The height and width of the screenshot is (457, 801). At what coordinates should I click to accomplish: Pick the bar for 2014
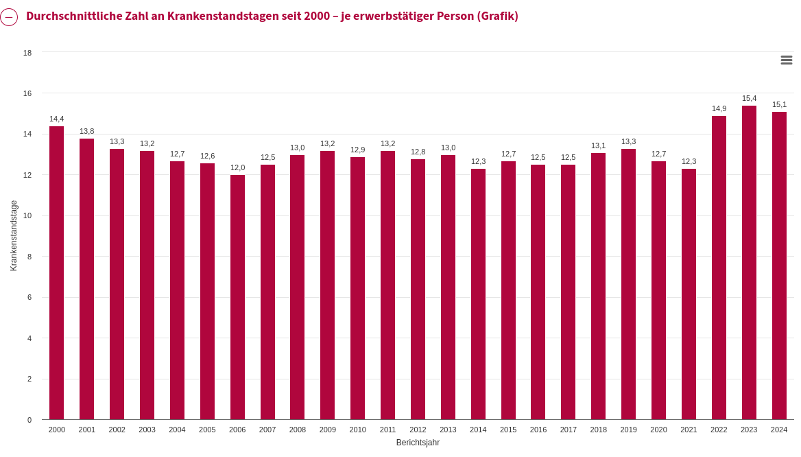click(478, 294)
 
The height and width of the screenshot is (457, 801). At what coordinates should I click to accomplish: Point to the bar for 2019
click(628, 284)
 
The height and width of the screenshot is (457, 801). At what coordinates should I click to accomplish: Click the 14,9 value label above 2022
click(719, 108)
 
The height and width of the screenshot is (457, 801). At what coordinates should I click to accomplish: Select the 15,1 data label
click(779, 104)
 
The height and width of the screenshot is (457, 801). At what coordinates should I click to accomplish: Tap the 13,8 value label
click(86, 131)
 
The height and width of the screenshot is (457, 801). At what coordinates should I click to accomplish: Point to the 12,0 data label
click(237, 167)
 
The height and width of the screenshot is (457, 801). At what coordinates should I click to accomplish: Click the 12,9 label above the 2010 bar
click(357, 150)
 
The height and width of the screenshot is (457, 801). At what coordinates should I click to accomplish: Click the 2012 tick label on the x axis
click(418, 430)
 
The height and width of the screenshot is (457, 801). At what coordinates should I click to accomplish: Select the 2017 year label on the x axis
click(569, 430)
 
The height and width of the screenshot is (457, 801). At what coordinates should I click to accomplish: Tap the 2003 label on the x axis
click(147, 430)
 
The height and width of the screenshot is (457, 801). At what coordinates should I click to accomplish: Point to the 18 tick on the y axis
click(27, 53)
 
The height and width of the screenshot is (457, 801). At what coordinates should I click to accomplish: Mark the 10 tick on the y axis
click(27, 215)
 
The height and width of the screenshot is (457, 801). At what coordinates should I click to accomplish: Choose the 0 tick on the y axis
click(29, 420)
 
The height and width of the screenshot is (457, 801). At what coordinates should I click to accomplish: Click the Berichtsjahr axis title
click(418, 443)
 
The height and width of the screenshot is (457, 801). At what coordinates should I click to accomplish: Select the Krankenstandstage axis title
click(14, 235)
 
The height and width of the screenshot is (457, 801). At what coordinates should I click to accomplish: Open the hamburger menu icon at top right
click(787, 60)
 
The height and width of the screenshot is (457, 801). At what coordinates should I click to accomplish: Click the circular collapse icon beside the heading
click(9, 17)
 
